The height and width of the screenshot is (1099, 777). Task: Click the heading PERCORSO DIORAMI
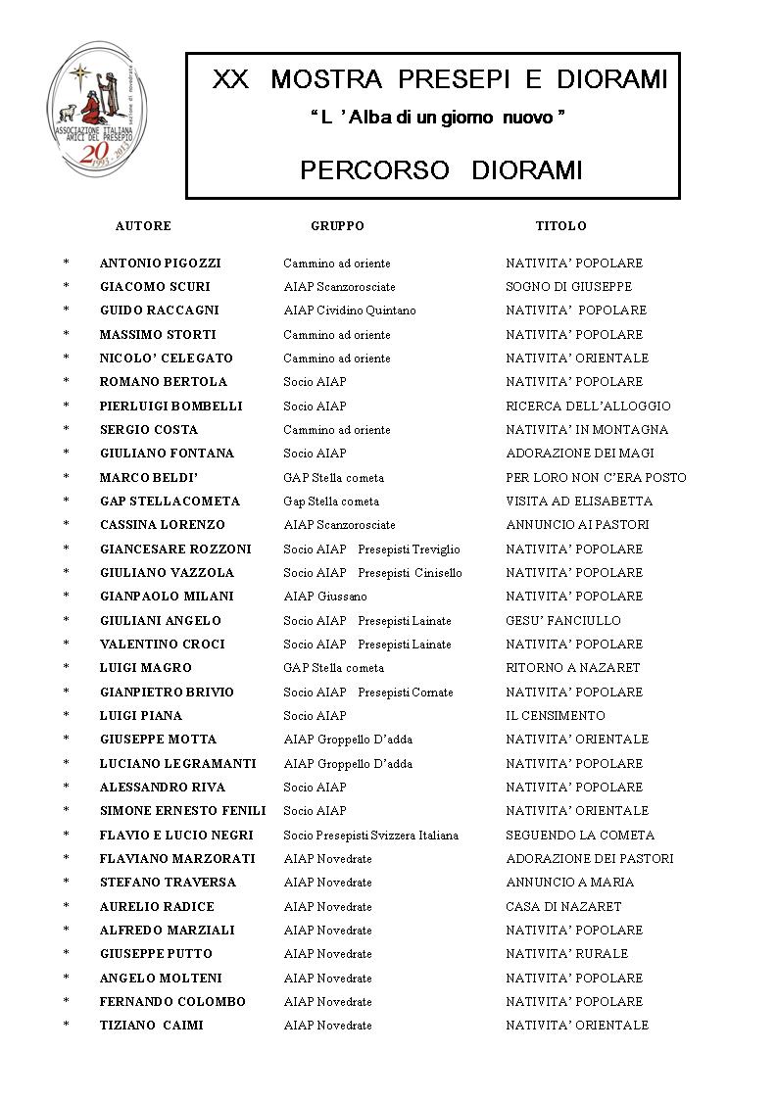pyautogui.click(x=441, y=170)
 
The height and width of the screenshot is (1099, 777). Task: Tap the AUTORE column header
pyautogui.click(x=143, y=226)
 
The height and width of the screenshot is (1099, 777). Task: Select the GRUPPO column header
pyautogui.click(x=337, y=226)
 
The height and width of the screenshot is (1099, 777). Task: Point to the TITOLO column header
pyautogui.click(x=560, y=226)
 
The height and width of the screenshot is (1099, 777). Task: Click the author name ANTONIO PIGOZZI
pyautogui.click(x=161, y=263)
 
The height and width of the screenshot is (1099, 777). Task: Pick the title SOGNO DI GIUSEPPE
pyautogui.click(x=568, y=287)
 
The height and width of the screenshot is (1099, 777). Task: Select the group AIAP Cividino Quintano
pyautogui.click(x=350, y=311)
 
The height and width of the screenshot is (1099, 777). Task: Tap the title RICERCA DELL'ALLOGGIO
pyautogui.click(x=588, y=406)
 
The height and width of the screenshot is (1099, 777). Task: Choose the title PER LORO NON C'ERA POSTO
pyautogui.click(x=596, y=478)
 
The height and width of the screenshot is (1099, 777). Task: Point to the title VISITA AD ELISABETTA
pyautogui.click(x=579, y=502)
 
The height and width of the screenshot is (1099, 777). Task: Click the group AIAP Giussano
pyautogui.click(x=325, y=597)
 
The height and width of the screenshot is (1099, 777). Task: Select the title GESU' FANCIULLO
pyautogui.click(x=563, y=621)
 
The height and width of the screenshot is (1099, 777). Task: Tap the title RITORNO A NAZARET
pyautogui.click(x=573, y=668)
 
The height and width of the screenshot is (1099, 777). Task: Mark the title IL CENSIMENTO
pyautogui.click(x=556, y=716)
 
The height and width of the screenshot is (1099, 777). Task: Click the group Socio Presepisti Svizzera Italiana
pyautogui.click(x=371, y=836)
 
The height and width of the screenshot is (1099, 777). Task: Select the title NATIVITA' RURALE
pyautogui.click(x=567, y=954)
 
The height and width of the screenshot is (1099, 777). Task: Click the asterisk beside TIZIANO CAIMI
pyautogui.click(x=67, y=1026)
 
